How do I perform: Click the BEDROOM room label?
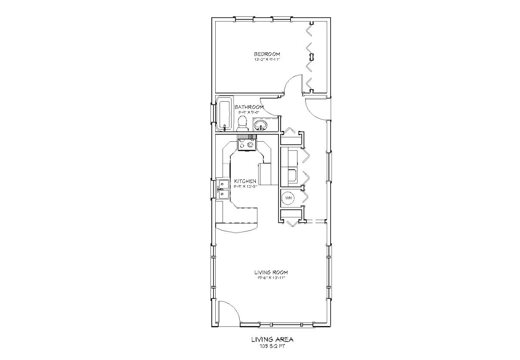click(267, 54)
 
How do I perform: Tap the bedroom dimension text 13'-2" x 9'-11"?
click(267, 60)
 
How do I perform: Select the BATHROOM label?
click(249, 107)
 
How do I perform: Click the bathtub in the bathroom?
click(223, 114)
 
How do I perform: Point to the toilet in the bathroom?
click(242, 123)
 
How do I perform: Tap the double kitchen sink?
click(223, 189)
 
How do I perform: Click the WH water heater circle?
click(288, 198)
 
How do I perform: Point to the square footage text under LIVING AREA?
click(273, 346)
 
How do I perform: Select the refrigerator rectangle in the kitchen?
click(266, 173)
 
